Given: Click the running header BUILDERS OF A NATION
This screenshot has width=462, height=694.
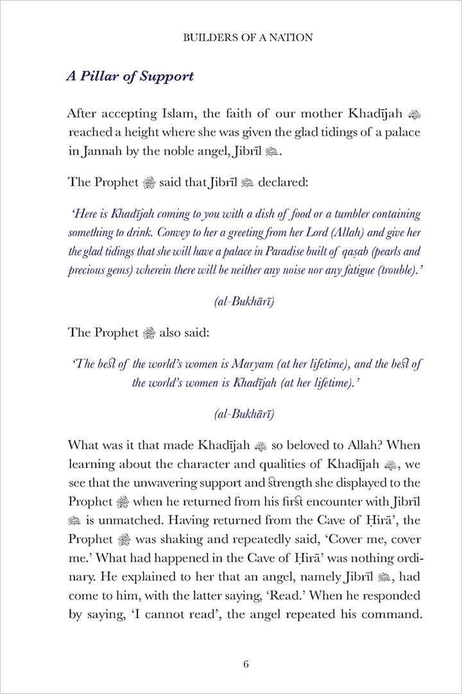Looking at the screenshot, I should pos(248,37).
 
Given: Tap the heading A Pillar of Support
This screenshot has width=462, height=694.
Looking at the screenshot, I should pos(130,76).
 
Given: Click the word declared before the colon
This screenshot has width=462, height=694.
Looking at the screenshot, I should pos(282,182).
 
